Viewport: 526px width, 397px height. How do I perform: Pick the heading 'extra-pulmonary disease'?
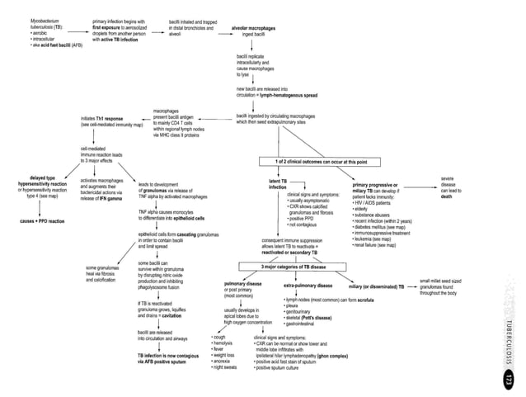301,285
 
